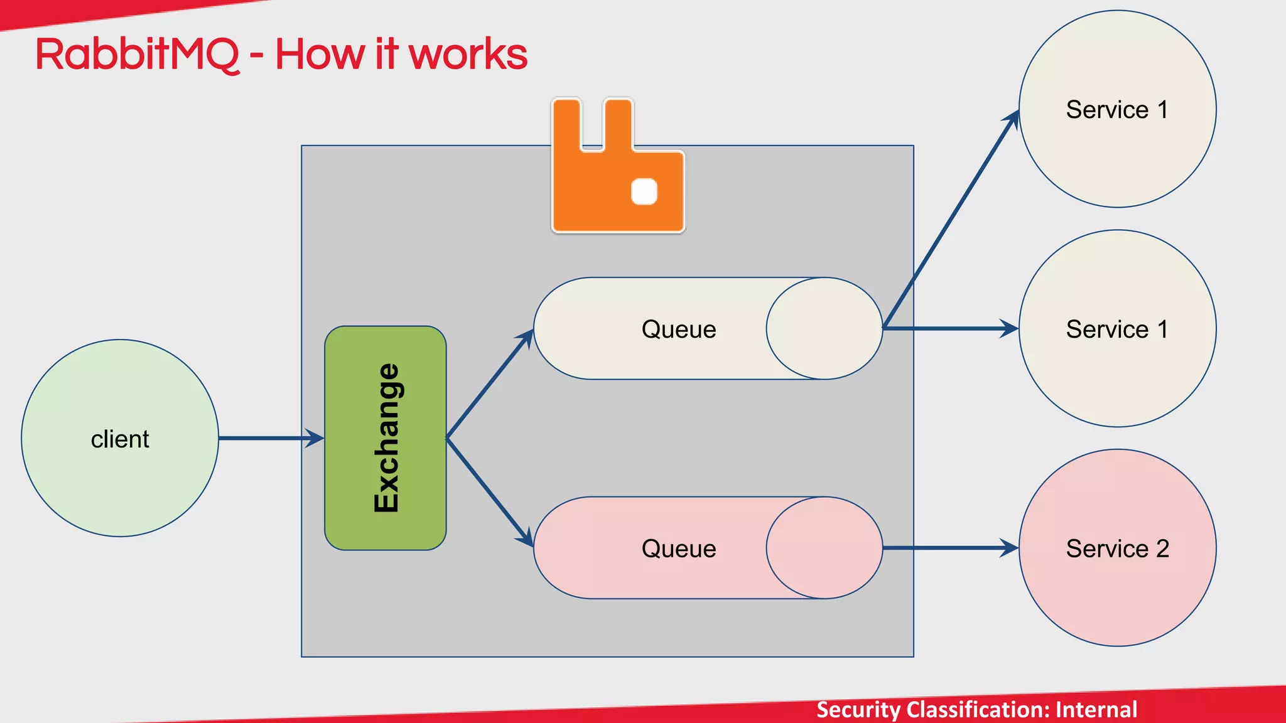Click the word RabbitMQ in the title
point(137,55)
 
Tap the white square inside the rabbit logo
point(644,191)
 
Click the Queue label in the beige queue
point(679,329)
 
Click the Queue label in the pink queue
point(679,549)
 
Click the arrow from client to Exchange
point(270,438)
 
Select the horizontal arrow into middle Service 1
point(951,328)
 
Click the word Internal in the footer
point(1096,710)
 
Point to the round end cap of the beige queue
point(824,328)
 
